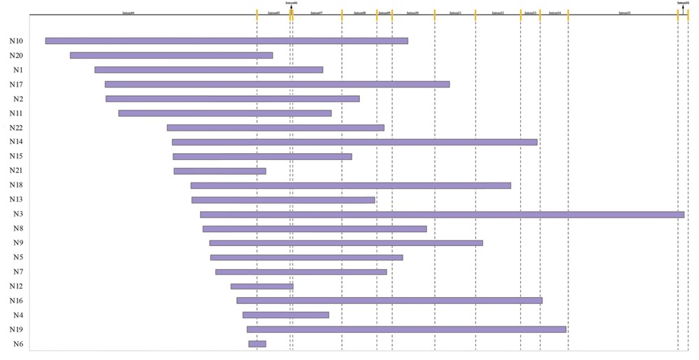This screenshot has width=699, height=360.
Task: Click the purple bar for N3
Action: click(442, 215)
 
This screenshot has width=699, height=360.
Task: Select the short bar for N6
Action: click(257, 344)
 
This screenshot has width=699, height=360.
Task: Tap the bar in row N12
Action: click(262, 286)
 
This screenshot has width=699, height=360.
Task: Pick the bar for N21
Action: click(219, 171)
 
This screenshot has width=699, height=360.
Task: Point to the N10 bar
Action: click(226, 41)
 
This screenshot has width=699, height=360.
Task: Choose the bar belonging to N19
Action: click(406, 329)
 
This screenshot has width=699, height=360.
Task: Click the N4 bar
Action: click(286, 315)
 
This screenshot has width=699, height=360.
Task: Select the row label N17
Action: click(16, 85)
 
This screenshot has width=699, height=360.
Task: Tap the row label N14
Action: click(16, 142)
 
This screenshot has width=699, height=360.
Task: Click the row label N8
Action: click(18, 229)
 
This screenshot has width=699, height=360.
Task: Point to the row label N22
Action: click(16, 127)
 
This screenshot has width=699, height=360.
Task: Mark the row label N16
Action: click(16, 301)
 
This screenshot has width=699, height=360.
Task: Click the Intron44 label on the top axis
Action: click(129, 13)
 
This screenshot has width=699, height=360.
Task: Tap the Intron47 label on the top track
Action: click(317, 13)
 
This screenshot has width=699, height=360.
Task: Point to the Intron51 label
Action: click(455, 13)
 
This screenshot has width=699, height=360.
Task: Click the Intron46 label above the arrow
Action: click(291, 3)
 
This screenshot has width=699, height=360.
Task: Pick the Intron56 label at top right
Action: click(683, 3)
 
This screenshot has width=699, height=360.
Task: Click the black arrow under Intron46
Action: click(291, 8)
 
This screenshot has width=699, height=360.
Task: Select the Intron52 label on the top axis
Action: click(498, 13)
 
